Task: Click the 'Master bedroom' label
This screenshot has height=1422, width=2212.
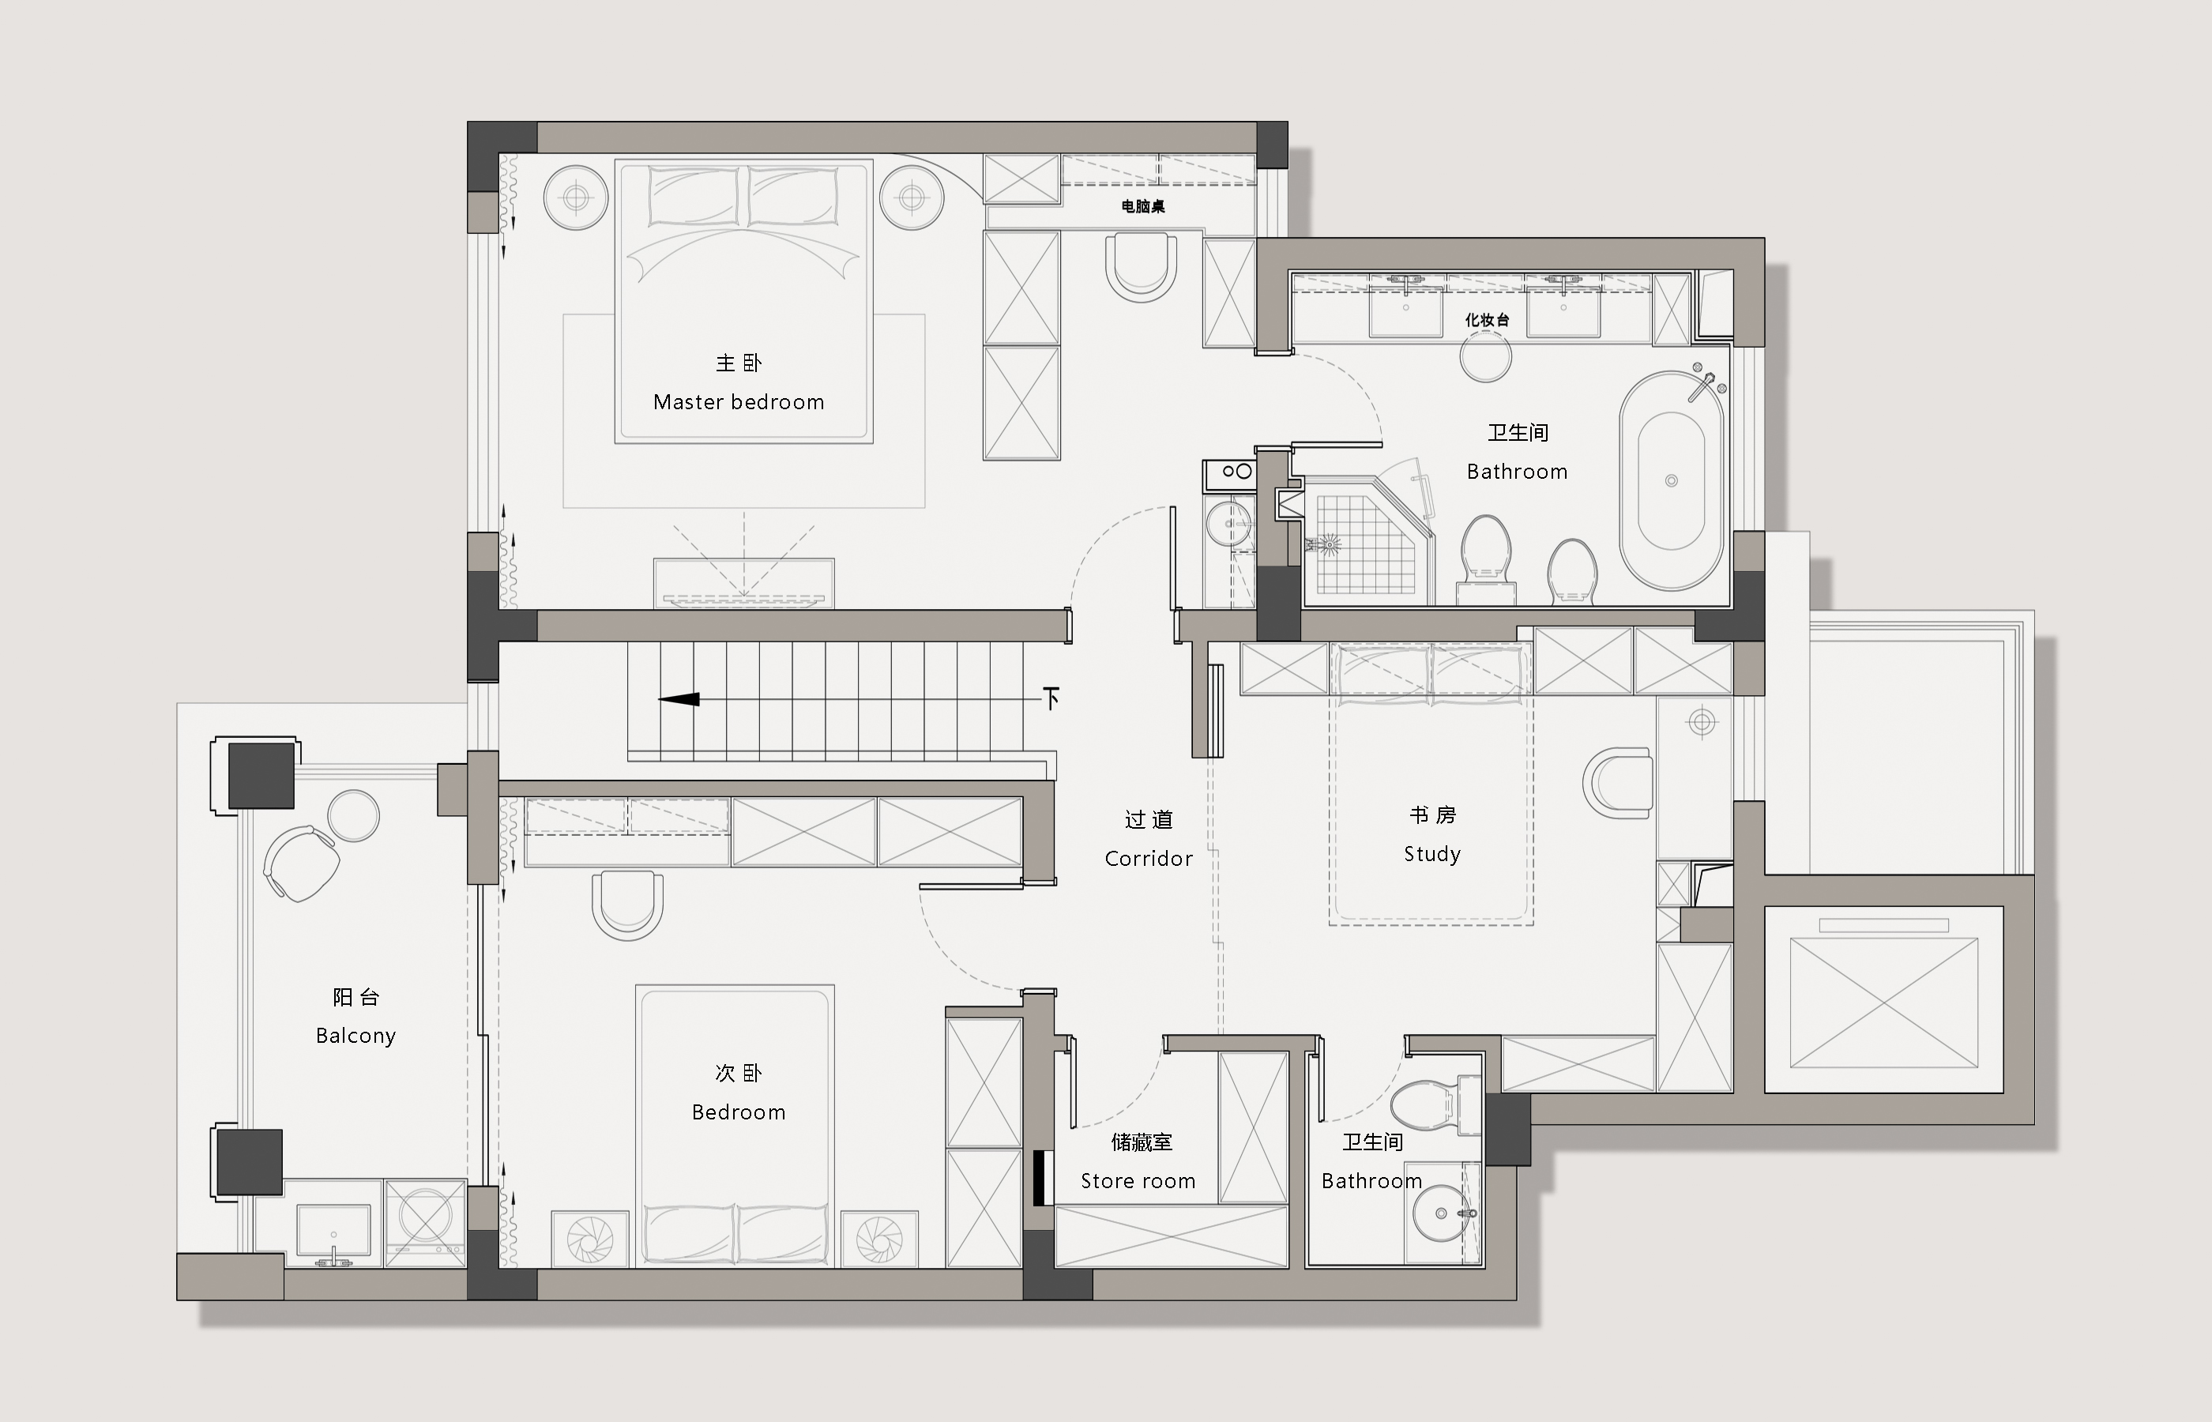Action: point(739,401)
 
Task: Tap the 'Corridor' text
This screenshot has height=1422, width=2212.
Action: point(1149,859)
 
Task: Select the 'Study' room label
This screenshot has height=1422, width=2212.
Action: point(1432,854)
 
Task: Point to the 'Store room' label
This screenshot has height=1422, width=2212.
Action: point(1138,1181)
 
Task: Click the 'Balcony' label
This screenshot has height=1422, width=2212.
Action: point(355,1036)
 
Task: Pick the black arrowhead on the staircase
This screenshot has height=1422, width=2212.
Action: point(679,699)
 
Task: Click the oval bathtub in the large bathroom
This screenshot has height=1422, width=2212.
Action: point(1671,481)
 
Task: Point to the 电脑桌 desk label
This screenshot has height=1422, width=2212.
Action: point(1143,206)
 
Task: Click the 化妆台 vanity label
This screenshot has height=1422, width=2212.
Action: point(1486,319)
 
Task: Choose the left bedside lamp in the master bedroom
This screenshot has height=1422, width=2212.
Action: point(577,197)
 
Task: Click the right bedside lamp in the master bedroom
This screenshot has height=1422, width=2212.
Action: point(912,197)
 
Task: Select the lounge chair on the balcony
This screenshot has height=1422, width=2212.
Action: point(301,863)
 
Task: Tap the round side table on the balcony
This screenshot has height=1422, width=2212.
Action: point(354,815)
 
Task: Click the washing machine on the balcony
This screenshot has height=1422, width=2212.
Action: point(425,1221)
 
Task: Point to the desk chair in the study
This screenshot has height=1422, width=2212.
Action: point(1617,782)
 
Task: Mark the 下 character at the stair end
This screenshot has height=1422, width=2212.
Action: point(1051,698)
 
